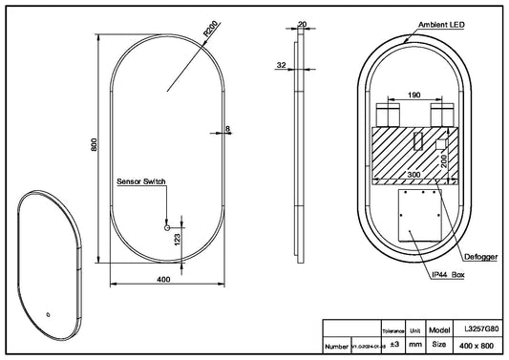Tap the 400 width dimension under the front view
point(163,280)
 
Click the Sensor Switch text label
point(142,180)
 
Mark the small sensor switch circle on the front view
point(167,228)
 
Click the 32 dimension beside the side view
point(281,67)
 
